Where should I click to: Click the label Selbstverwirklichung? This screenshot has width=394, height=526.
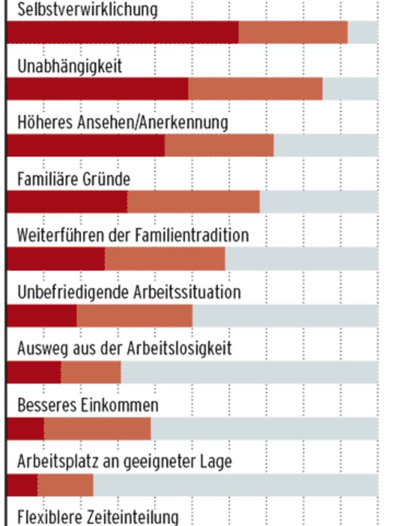[x=88, y=9]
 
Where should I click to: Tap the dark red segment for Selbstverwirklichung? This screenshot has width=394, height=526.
[x=123, y=33]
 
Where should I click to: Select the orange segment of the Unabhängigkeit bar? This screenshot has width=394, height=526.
[x=255, y=89]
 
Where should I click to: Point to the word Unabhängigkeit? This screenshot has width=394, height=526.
[x=69, y=66]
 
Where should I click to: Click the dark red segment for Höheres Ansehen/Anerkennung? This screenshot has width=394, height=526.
[x=86, y=146]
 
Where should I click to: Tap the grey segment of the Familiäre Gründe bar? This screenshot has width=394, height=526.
[x=318, y=202]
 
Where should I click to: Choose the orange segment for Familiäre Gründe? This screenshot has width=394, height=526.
[x=194, y=202]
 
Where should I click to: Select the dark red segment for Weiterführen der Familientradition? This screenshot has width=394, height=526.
[x=56, y=259]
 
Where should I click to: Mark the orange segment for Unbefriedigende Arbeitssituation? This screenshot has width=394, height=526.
[x=135, y=316]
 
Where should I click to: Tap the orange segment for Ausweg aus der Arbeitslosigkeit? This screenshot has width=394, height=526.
[x=91, y=373]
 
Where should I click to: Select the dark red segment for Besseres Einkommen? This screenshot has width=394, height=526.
[x=25, y=429]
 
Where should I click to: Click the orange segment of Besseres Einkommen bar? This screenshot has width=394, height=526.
[x=97, y=429]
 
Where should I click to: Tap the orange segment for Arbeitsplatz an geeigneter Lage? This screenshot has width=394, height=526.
[x=65, y=485]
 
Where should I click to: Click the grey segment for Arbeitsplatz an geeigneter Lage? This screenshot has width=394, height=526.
[x=235, y=485]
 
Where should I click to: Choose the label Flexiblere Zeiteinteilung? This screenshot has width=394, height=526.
[x=98, y=517]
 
